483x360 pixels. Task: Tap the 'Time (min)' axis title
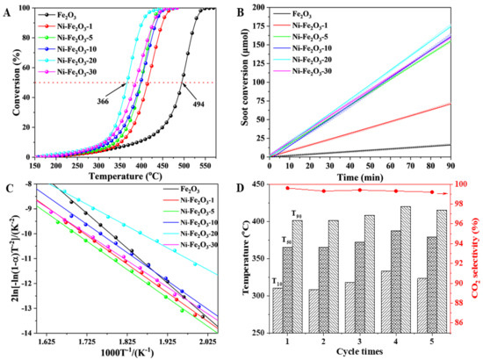coord(362,176)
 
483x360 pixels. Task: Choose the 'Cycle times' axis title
coord(362,350)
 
